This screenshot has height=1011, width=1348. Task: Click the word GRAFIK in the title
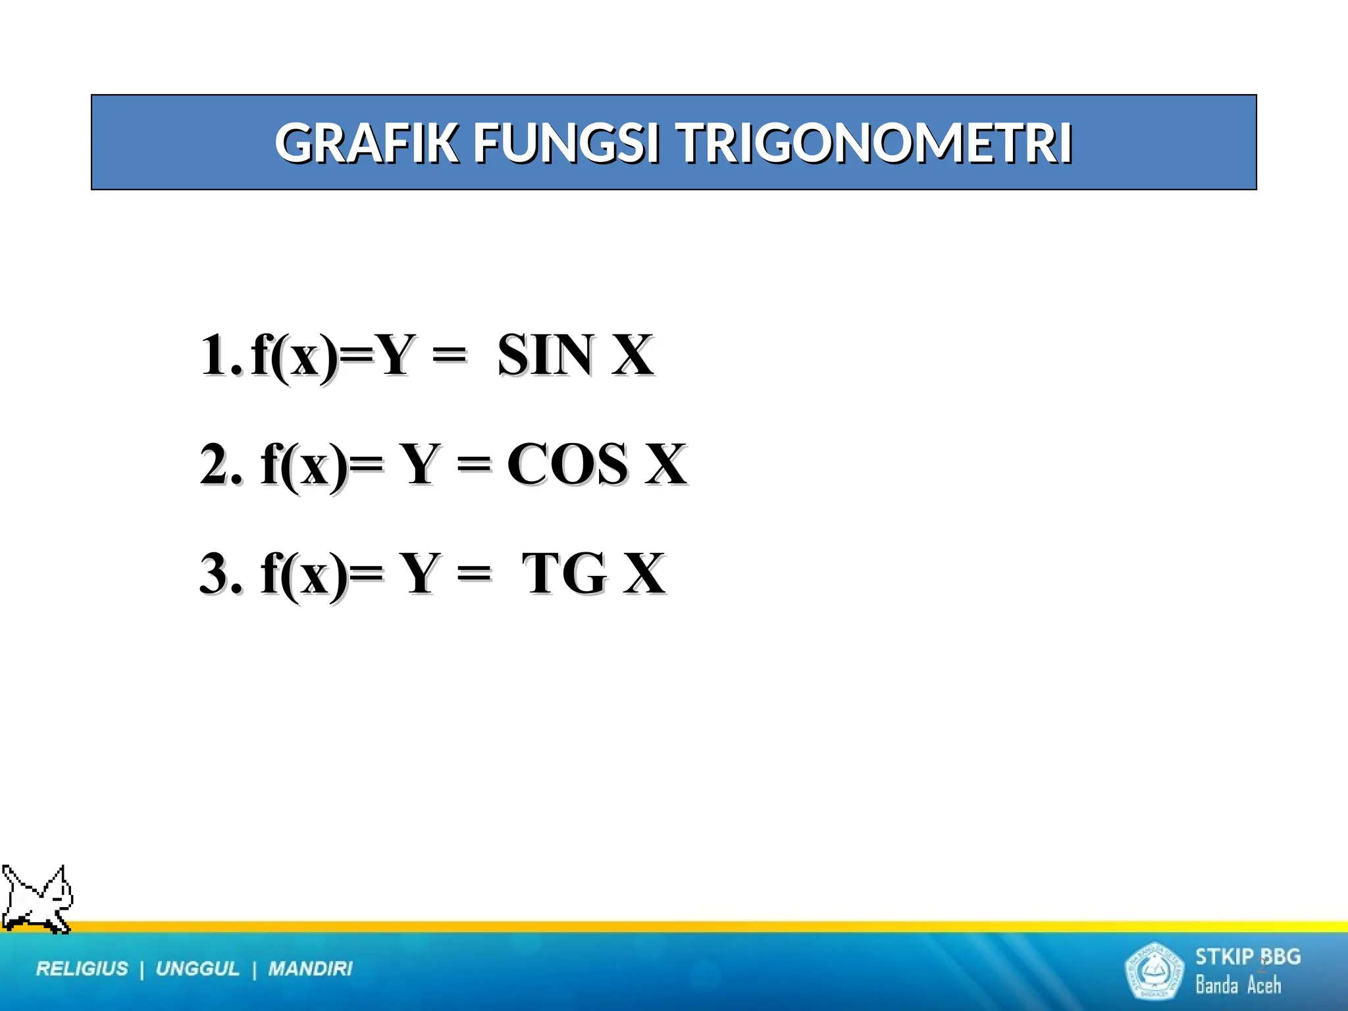point(366,143)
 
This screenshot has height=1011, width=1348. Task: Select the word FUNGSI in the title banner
point(566,143)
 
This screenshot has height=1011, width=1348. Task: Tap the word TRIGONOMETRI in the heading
point(875,143)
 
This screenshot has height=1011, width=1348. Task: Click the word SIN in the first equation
point(545,355)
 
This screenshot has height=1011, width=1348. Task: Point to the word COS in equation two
point(567,465)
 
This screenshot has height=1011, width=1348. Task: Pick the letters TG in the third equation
point(563,574)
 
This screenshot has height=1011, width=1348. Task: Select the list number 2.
point(220,465)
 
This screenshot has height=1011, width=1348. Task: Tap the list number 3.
point(220,574)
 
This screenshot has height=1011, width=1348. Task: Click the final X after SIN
point(632,355)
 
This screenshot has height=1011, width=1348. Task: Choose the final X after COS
point(665,465)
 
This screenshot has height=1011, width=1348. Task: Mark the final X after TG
point(644,574)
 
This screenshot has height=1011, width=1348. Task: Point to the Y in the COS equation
point(419,465)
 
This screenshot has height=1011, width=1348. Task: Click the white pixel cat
point(37,900)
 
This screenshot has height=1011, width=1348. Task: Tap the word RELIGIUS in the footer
point(82,969)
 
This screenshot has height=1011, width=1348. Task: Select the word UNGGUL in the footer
point(197,969)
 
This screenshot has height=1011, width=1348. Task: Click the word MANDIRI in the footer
point(310,969)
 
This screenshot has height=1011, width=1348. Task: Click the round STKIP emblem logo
point(1153,970)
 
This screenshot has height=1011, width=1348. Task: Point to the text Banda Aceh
point(1238,985)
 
